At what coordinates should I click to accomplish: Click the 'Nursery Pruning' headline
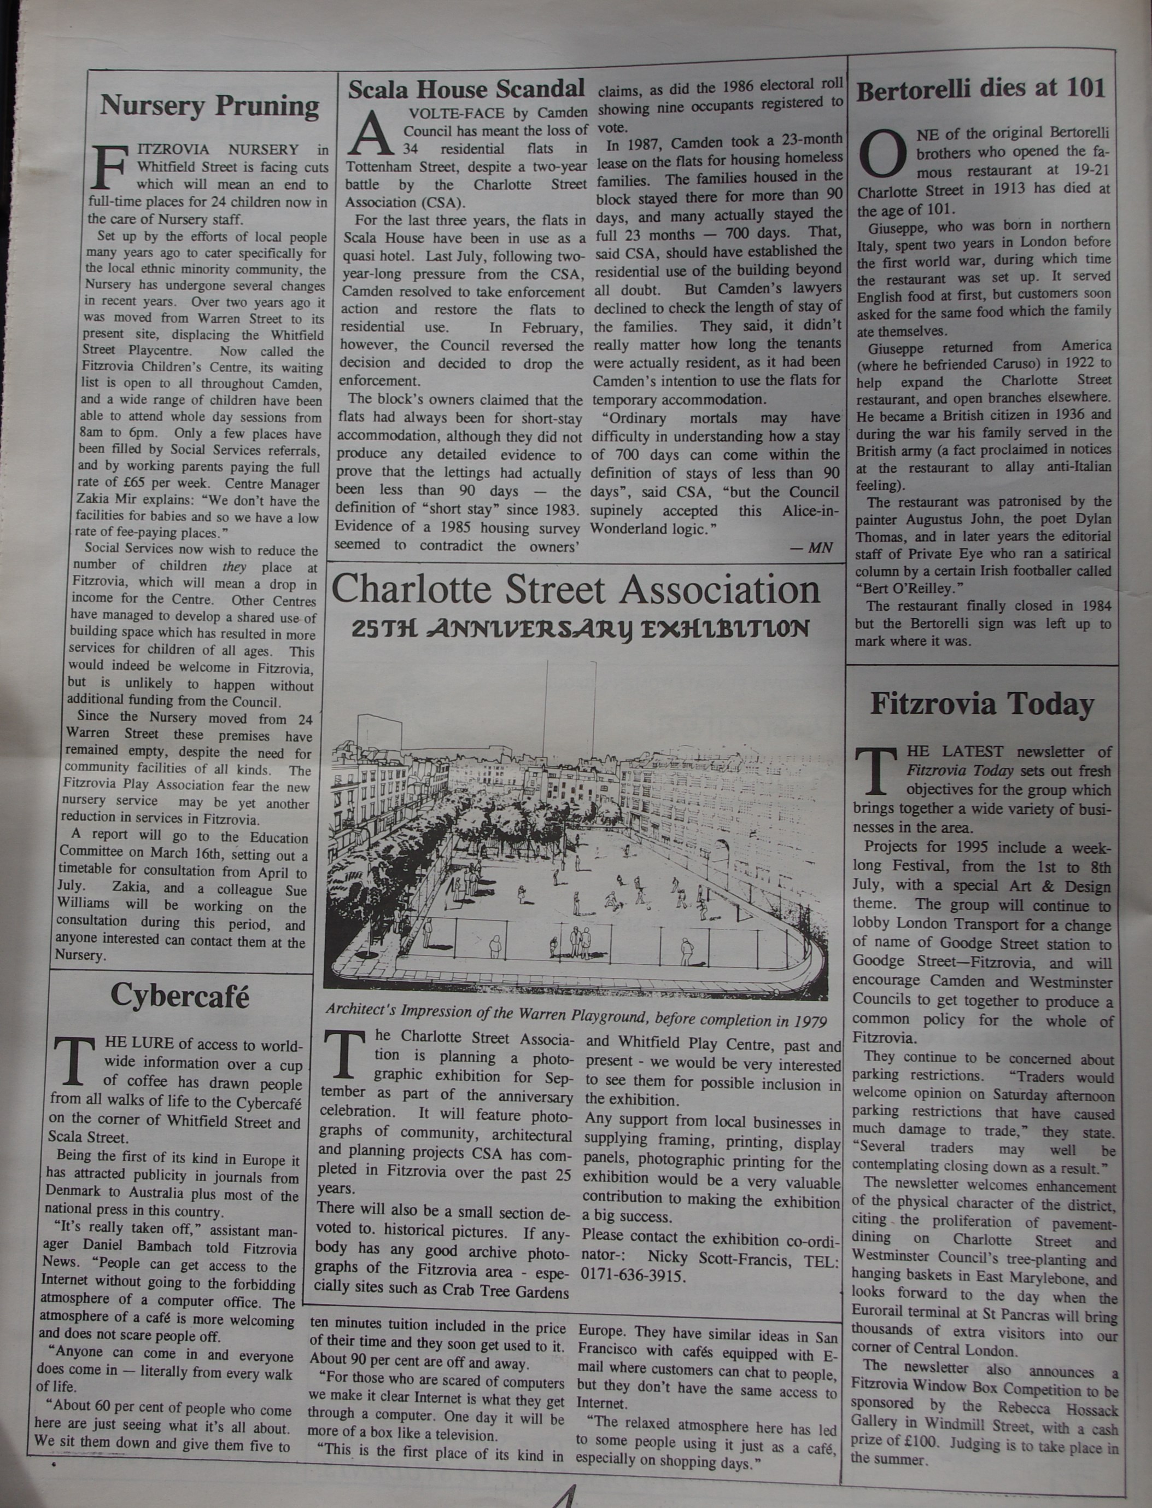(x=209, y=106)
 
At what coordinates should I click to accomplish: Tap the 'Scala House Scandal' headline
(x=466, y=89)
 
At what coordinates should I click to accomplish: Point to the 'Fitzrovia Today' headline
(x=982, y=704)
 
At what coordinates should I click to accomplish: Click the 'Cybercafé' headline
(x=180, y=996)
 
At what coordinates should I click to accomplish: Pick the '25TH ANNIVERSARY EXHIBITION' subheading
(x=580, y=629)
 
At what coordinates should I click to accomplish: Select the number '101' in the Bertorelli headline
(x=1085, y=88)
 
